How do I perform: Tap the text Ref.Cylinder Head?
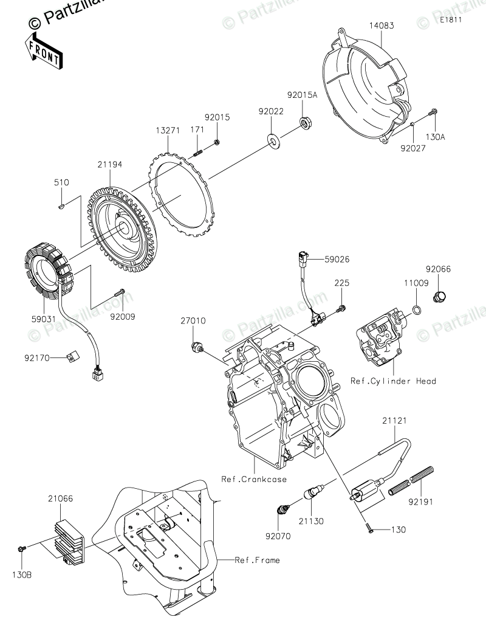tap(393, 381)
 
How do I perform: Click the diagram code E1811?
tap(451, 20)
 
